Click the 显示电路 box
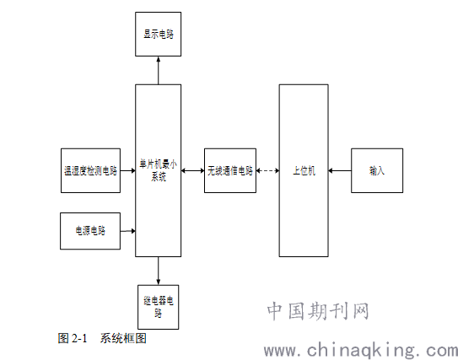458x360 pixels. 158,35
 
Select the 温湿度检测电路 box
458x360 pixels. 90,170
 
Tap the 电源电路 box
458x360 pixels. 90,231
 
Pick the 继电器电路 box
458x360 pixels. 158,307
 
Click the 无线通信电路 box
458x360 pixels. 230,170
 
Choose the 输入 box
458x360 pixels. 377,170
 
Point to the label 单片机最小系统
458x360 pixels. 158,170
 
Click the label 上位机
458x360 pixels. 304,171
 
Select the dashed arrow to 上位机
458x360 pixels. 268,171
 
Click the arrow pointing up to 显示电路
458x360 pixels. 159,70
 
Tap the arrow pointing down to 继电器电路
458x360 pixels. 159,271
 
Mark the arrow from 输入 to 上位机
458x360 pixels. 340,171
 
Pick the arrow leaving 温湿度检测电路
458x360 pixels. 127,171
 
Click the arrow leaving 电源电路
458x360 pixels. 127,231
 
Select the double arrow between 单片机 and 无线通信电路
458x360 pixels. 193,171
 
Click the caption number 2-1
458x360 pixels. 79,338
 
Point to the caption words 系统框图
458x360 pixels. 123,338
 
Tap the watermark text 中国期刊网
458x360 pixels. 318,311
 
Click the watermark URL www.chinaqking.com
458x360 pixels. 361,351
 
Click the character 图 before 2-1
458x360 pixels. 63,338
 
